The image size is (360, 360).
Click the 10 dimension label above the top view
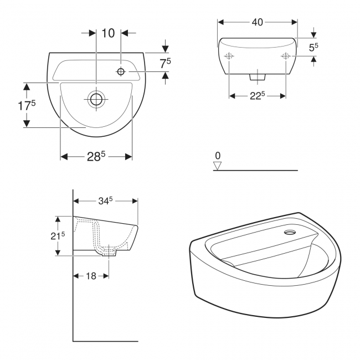click(x=108, y=33)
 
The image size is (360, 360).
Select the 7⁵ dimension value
click(x=165, y=64)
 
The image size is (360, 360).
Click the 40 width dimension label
click(x=257, y=22)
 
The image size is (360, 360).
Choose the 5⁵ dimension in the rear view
click(x=313, y=47)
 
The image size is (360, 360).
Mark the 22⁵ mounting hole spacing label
click(x=256, y=96)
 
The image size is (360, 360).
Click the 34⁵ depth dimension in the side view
click(x=105, y=201)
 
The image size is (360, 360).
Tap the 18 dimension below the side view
click(x=91, y=275)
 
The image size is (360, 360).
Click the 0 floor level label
click(x=218, y=156)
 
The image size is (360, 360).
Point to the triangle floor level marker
click(x=218, y=166)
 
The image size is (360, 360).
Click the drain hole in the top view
click(x=96, y=100)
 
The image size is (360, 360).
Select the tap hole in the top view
click(x=121, y=71)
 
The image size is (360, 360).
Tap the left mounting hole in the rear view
click(x=228, y=56)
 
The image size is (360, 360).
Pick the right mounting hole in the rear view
click(x=286, y=56)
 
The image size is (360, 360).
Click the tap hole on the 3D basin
click(x=289, y=233)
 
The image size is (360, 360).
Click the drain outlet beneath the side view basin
click(x=109, y=253)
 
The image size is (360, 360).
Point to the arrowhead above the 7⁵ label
click(x=165, y=49)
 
